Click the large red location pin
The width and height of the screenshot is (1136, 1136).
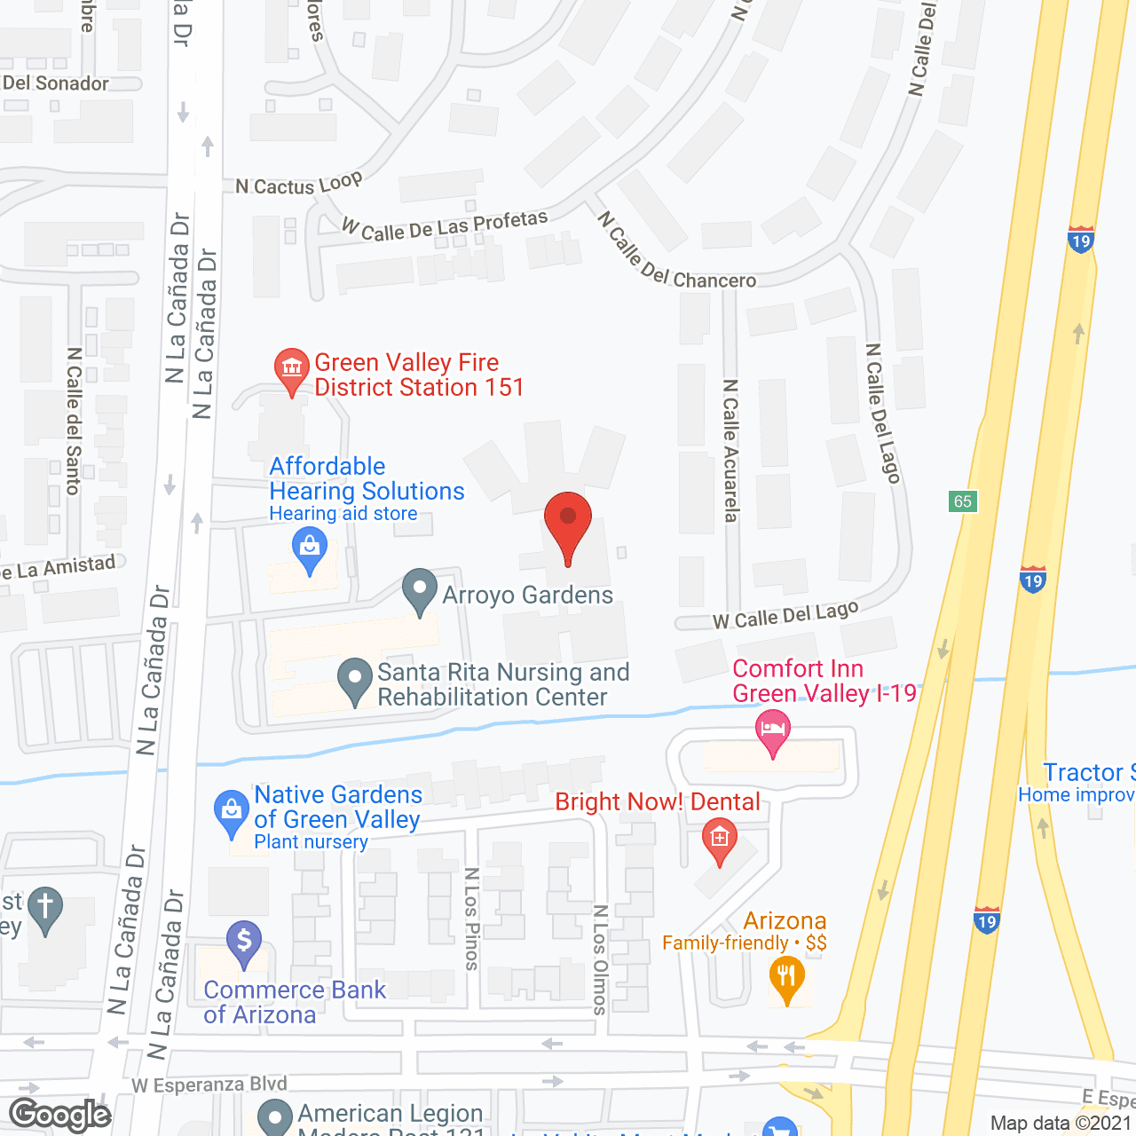tap(567, 525)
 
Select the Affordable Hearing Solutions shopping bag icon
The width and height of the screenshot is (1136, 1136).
tap(310, 549)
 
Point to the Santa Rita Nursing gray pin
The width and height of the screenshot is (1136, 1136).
tap(355, 680)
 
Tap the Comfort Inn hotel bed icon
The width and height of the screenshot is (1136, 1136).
tap(773, 730)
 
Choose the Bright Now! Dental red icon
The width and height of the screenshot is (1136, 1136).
tap(719, 840)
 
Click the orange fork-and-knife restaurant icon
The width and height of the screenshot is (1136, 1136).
tap(786, 978)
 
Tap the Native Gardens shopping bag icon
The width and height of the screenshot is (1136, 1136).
tap(232, 812)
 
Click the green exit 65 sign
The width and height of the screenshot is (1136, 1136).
tap(963, 501)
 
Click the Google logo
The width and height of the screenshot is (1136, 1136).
tap(60, 1115)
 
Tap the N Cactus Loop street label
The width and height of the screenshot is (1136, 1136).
tap(299, 184)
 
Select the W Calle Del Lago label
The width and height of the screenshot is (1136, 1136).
tap(786, 615)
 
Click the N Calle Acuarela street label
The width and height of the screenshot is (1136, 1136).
tap(730, 451)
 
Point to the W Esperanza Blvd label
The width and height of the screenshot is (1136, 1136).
tap(209, 1085)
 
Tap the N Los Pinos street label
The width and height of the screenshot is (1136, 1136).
tap(471, 919)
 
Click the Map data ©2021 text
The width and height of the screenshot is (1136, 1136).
tap(1061, 1123)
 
